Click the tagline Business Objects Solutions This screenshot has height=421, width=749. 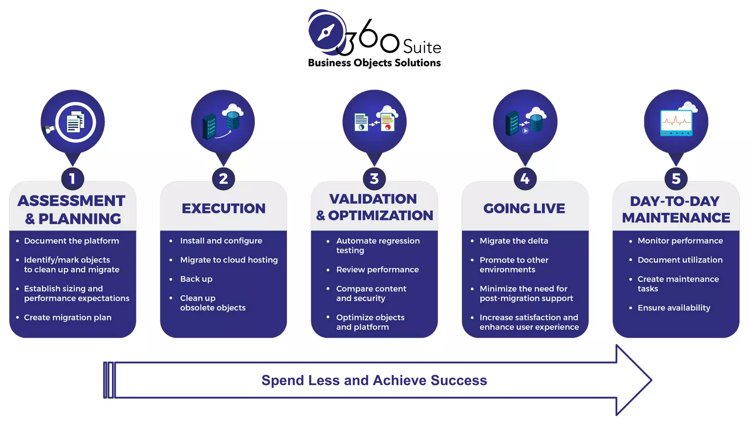(374, 63)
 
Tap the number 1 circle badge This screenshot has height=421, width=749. (72, 179)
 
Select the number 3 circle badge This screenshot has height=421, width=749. (374, 179)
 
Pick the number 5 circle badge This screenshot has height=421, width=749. (676, 179)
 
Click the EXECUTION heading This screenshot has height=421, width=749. (223, 208)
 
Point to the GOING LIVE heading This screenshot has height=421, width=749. (524, 208)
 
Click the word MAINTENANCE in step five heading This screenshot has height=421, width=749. (676, 218)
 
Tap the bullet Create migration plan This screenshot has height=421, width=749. (68, 317)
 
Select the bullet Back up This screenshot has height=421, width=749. (196, 279)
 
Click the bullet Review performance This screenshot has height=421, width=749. (377, 269)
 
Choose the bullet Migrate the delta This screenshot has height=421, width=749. (513, 241)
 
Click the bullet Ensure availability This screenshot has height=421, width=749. (674, 308)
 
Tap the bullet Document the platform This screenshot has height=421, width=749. (71, 241)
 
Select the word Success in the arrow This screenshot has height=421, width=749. (459, 380)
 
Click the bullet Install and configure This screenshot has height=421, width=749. (221, 241)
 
